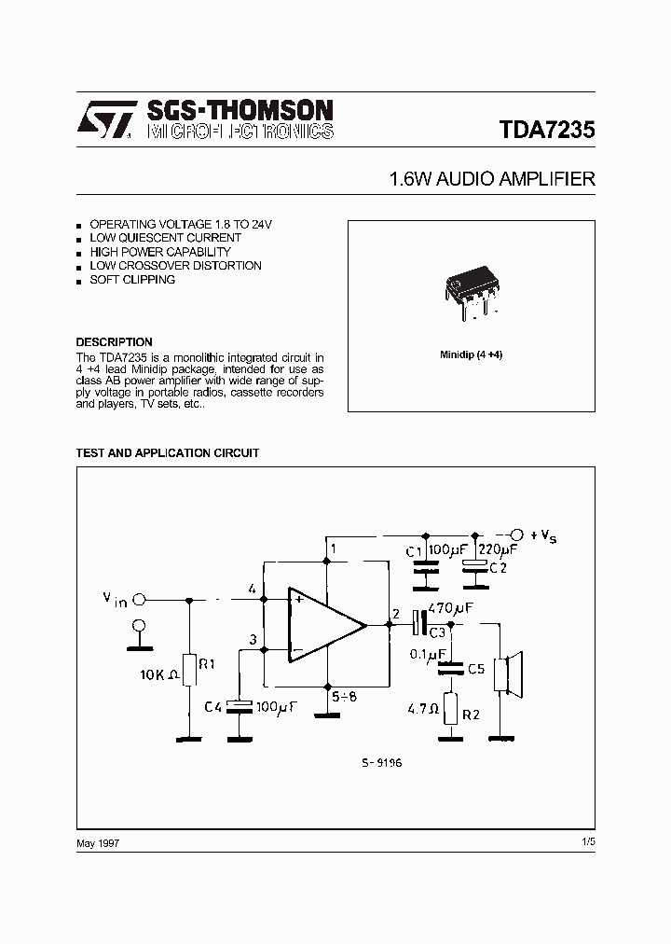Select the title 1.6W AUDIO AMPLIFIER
(492, 180)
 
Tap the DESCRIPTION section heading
(114, 342)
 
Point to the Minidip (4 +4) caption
(472, 356)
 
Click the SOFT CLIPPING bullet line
(132, 280)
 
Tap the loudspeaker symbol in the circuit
(509, 673)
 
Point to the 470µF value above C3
(451, 607)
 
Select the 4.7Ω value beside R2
(424, 708)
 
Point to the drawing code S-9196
(382, 761)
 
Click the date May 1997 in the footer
(98, 842)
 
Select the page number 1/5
(587, 842)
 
